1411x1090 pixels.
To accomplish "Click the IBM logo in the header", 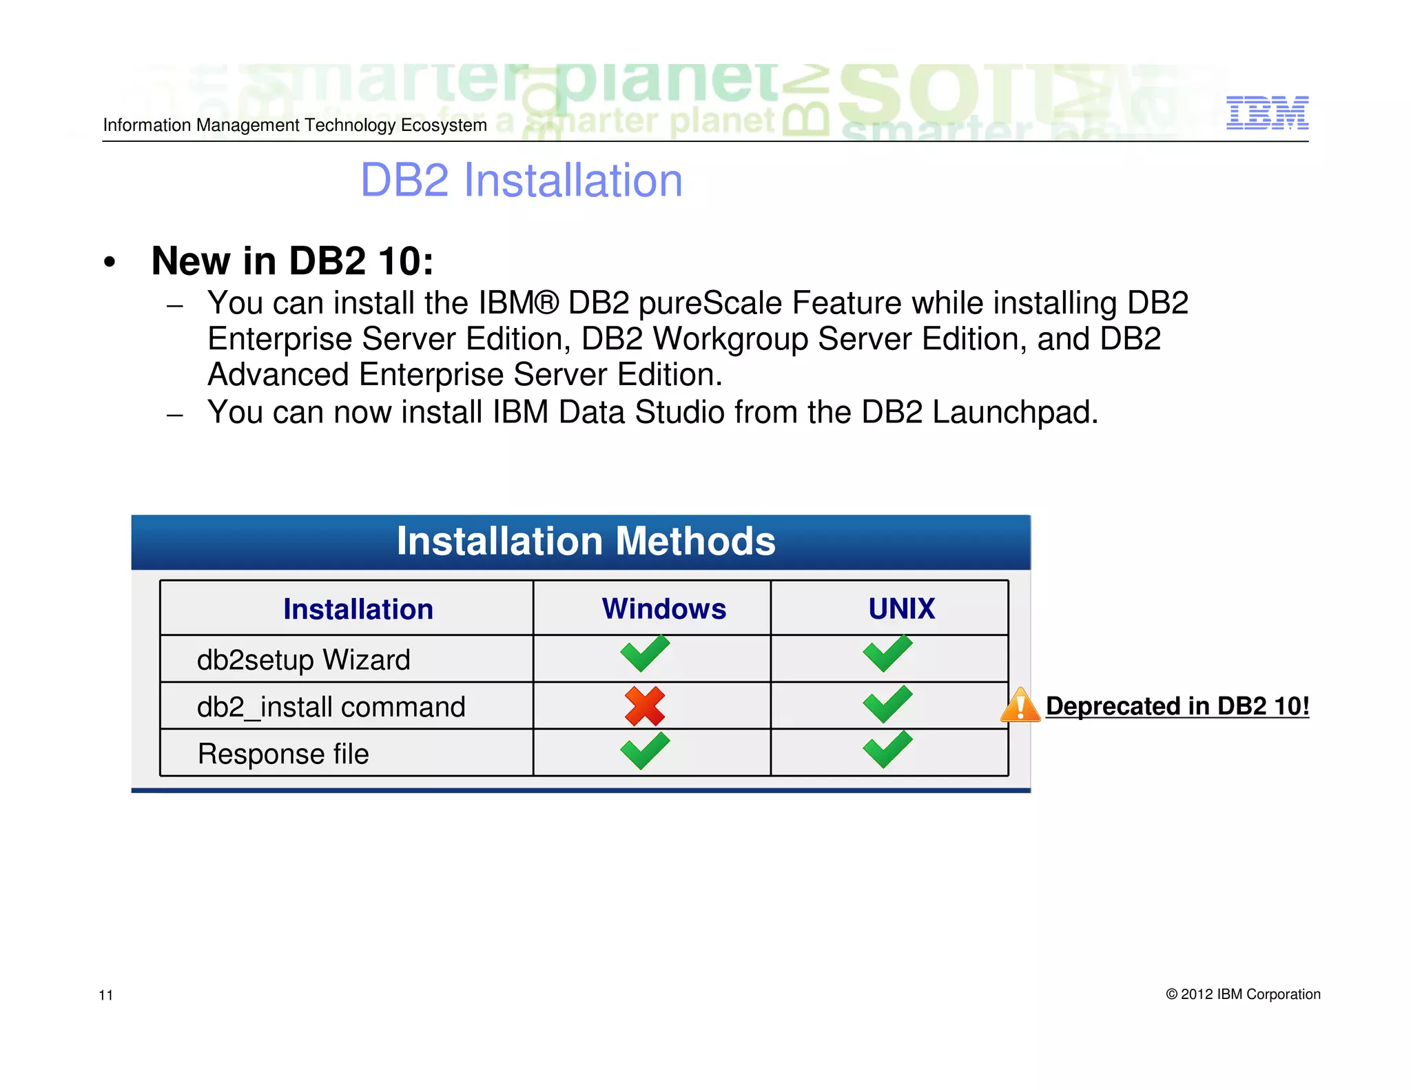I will tap(1267, 112).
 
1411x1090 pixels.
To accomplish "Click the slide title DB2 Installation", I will tap(521, 181).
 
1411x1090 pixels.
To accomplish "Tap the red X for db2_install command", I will tap(645, 706).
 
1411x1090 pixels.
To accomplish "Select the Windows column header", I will tap(663, 609).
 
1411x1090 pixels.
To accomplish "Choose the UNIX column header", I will tap(901, 609).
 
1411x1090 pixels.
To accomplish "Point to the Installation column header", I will tap(358, 609).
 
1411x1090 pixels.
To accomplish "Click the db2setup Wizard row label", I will tap(303, 660).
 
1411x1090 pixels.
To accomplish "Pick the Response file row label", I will tap(283, 754).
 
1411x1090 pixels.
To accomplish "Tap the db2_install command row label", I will tap(331, 707).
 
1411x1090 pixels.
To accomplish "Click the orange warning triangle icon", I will tap(1020, 706).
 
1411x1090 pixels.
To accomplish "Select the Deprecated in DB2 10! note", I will tap(1177, 706).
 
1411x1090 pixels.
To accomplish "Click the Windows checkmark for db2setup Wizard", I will tap(645, 653).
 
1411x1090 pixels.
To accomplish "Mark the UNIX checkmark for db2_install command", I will tap(887, 704).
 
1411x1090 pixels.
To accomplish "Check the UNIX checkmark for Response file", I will tap(887, 750).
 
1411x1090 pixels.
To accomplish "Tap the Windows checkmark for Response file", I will tap(645, 750).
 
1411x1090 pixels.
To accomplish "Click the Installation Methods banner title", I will tap(586, 542).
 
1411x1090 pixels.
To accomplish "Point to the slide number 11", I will tap(106, 995).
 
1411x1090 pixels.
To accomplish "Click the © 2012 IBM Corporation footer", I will tap(1243, 994).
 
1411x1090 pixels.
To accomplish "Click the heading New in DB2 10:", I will tap(292, 261).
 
